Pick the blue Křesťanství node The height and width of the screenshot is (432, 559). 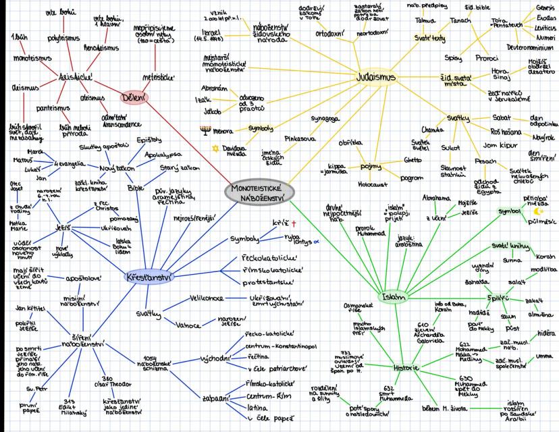pos(147,277)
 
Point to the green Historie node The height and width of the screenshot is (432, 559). pos(406,369)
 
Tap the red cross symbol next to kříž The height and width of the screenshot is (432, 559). pos(294,223)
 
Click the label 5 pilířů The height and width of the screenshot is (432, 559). pos(498,297)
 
